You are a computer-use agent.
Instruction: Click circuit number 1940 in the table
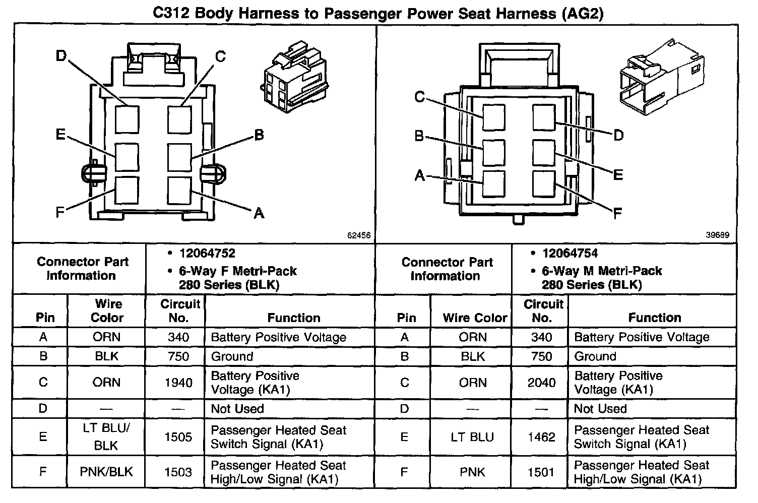[178, 383]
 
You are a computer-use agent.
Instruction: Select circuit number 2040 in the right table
[541, 383]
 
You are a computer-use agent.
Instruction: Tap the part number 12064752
[207, 254]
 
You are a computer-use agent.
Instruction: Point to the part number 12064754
[570, 254]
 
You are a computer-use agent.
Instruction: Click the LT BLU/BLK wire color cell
[106, 436]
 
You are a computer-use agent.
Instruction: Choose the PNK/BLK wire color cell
[106, 472]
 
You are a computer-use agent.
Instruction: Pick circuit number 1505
[178, 437]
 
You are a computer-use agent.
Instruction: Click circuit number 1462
[541, 437]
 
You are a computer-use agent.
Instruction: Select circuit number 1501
[541, 472]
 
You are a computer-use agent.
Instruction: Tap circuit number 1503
[178, 472]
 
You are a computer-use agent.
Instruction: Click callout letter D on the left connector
[61, 55]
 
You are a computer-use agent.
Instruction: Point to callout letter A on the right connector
[419, 175]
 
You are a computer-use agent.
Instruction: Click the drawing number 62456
[359, 235]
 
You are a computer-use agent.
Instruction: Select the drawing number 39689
[717, 235]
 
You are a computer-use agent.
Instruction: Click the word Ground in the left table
[232, 356]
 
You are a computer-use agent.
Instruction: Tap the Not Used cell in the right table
[600, 408]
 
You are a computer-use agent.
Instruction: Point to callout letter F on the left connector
[60, 212]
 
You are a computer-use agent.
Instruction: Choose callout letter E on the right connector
[618, 175]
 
